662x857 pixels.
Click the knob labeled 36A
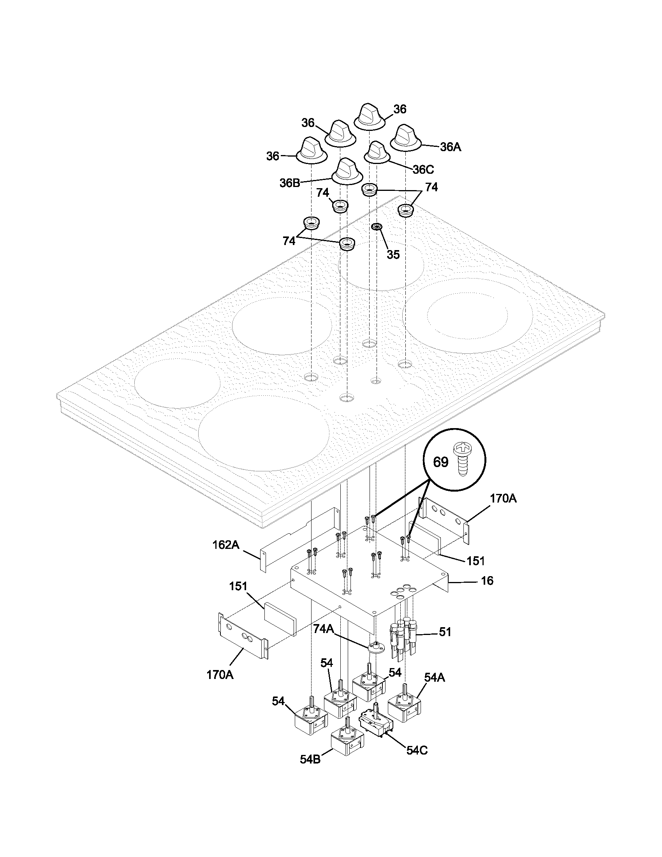pyautogui.click(x=405, y=138)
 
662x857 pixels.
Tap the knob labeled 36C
pyautogui.click(x=377, y=152)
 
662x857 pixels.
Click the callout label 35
pyautogui.click(x=393, y=254)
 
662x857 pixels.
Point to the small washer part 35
pyautogui.click(x=377, y=227)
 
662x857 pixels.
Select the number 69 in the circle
pyautogui.click(x=440, y=462)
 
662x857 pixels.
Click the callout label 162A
pyautogui.click(x=225, y=545)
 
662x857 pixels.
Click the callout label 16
pyautogui.click(x=487, y=591)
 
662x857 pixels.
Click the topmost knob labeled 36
pyautogui.click(x=369, y=116)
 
